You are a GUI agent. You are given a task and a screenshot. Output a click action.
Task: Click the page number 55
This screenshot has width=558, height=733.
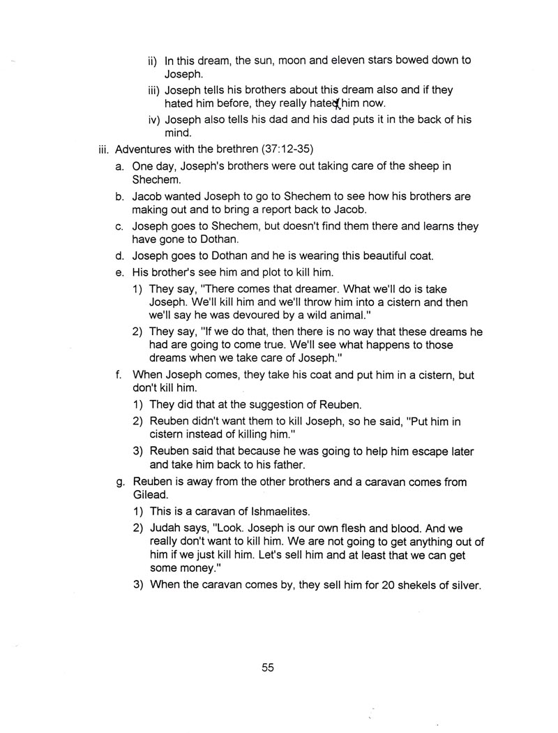point(268,667)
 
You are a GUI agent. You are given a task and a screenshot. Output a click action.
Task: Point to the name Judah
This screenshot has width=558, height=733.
point(165,528)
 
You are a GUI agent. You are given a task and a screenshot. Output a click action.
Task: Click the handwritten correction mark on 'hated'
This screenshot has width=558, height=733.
point(338,104)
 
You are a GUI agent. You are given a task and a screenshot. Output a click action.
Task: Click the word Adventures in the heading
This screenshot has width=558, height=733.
point(142,149)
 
